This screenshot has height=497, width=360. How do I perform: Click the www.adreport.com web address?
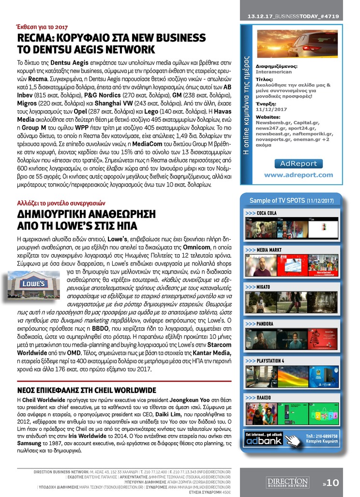pos(298,175)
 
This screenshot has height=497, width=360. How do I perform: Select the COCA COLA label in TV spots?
pos(267,213)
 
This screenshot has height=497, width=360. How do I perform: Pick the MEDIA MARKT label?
pos(269,250)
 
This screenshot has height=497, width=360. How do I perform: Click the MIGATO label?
pos(263,287)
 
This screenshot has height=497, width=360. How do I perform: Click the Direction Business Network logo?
pos(288,482)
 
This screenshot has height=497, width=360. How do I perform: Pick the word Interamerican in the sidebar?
pos(274,72)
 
